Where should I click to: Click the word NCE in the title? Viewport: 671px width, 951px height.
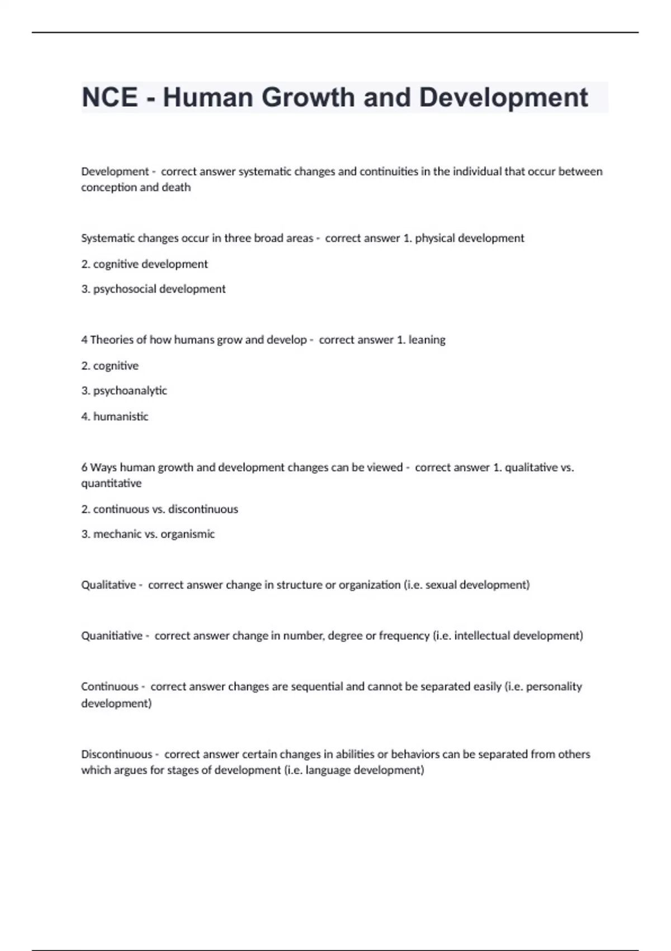point(110,97)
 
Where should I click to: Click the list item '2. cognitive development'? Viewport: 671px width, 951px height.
point(144,264)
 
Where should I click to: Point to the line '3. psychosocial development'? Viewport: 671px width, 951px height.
point(153,289)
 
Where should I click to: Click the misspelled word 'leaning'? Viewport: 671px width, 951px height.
point(427,340)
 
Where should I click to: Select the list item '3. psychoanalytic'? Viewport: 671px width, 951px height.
point(124,390)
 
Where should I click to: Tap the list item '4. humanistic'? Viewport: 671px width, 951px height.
point(115,416)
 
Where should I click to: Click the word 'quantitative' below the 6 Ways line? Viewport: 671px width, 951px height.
point(111,483)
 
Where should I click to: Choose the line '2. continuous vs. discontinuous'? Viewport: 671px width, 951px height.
point(159,509)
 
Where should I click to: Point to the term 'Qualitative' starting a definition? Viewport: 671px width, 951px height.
point(108,585)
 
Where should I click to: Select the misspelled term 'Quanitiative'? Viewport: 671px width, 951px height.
point(112,636)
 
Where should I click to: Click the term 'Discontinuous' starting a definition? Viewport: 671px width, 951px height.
point(116,754)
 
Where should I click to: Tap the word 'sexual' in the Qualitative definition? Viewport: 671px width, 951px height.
point(441,585)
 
